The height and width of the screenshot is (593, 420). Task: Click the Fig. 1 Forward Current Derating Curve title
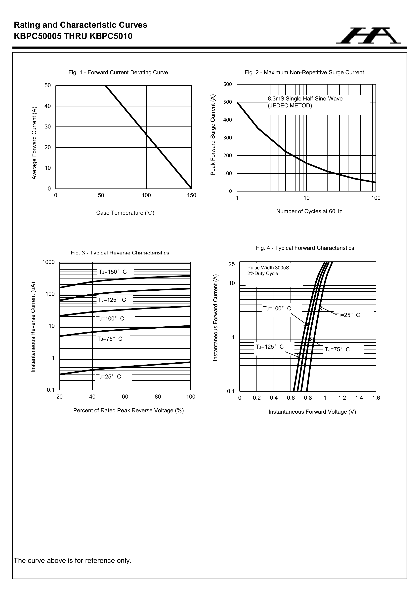click(118, 73)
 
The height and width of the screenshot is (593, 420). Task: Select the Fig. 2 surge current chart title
click(304, 73)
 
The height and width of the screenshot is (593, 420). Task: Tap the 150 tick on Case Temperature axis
click(192, 195)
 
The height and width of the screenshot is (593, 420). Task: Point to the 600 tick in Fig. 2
click(228, 84)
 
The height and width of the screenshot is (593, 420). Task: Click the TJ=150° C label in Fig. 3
click(113, 272)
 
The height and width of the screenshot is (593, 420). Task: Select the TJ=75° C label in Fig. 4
click(337, 349)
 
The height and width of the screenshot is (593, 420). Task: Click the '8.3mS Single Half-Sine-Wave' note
click(305, 99)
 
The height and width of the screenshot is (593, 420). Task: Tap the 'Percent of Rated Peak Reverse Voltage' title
click(128, 410)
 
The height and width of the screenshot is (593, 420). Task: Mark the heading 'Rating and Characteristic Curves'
click(81, 25)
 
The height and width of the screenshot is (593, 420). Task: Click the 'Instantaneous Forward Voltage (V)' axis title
click(312, 412)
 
